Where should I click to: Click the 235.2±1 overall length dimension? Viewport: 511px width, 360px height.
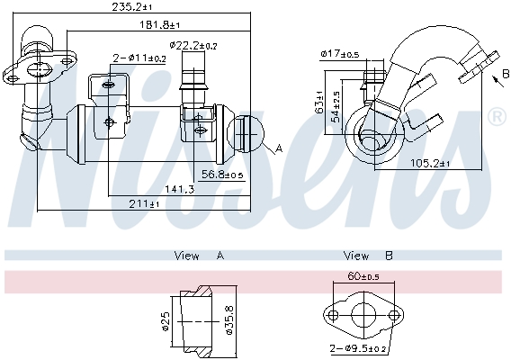[x=131, y=6]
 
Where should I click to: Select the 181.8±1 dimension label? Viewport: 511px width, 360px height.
[x=160, y=24]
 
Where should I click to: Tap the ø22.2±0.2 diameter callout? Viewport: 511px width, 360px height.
[x=193, y=45]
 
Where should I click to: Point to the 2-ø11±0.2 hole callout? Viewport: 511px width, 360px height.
[x=139, y=58]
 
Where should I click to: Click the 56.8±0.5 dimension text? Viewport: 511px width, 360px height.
[x=222, y=175]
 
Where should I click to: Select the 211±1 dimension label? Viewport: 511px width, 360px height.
[x=144, y=204]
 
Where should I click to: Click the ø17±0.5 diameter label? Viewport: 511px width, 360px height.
[x=340, y=53]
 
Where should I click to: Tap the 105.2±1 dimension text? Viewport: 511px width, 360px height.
[x=429, y=163]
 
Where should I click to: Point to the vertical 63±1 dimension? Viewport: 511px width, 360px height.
[x=319, y=102]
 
